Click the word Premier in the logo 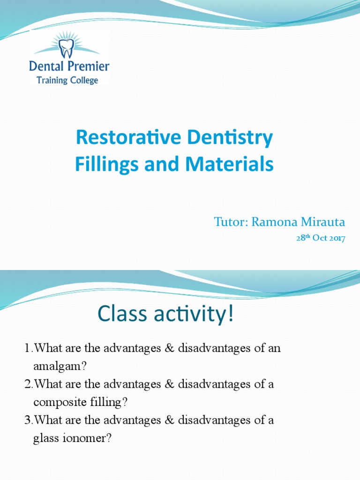[87, 66]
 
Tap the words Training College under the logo [67, 80]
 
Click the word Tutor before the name [231, 222]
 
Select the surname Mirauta [322, 222]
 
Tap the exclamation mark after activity [229, 315]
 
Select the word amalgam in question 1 [53, 367]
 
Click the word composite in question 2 [56, 402]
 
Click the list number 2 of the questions [27, 384]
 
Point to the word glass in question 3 [45, 438]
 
